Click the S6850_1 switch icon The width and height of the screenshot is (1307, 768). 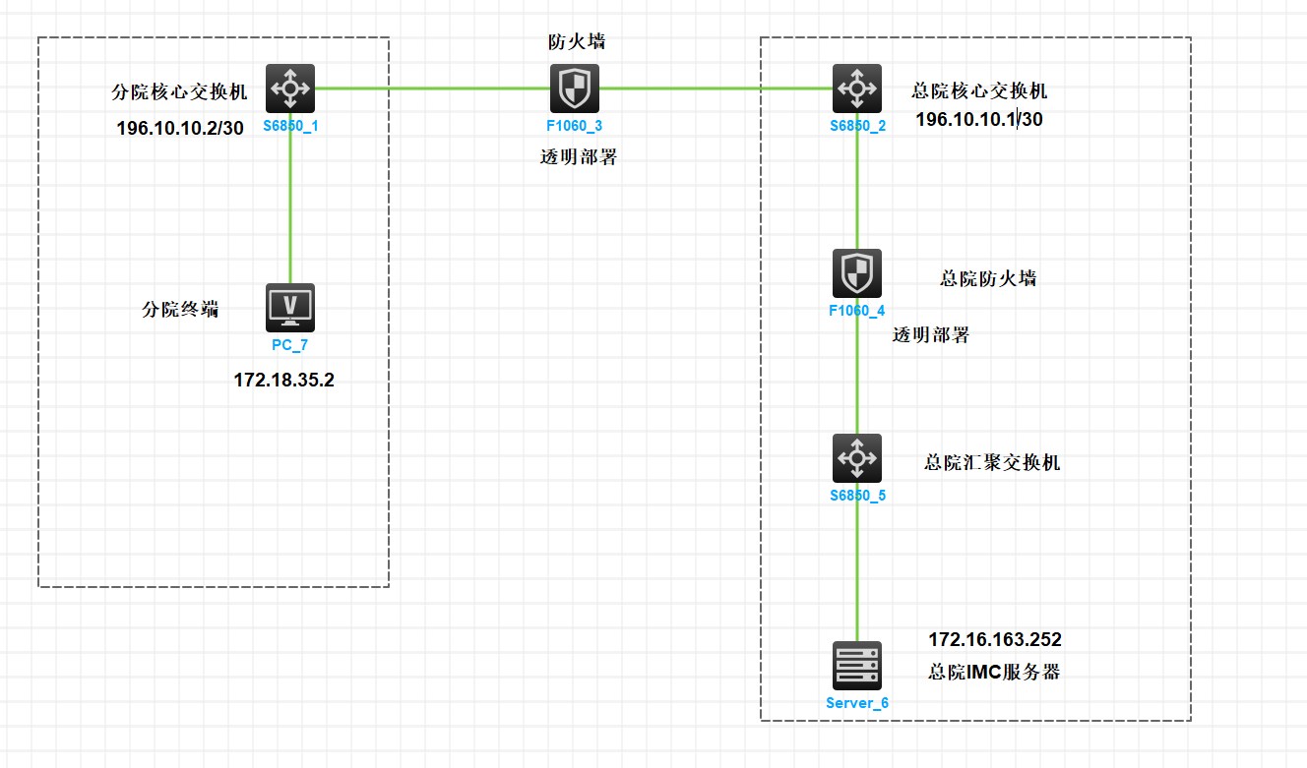pos(290,89)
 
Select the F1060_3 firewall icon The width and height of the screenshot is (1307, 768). pos(574,89)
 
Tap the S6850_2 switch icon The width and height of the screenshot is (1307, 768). pos(856,89)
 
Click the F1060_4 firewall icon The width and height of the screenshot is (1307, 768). pos(856,273)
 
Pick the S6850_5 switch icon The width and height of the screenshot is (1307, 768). pos(856,458)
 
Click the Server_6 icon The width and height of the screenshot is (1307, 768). pos(856,666)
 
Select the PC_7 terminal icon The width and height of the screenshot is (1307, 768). pos(290,308)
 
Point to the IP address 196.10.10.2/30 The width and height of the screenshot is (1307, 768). pos(180,129)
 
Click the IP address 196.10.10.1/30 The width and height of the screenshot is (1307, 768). pos(978,120)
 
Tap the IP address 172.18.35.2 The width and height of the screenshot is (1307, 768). pos(283,380)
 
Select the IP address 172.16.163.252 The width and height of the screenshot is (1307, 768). pos(995,640)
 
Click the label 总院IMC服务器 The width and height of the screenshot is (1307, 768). pos(994,673)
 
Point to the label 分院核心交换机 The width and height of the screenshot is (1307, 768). pos(180,93)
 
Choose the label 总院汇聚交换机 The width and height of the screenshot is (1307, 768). pos(992,462)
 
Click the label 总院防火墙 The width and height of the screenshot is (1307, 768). pos(988,278)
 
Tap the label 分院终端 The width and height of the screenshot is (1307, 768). pos(180,310)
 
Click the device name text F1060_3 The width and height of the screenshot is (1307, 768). pos(574,126)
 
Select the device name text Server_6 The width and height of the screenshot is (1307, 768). pos(856,703)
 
